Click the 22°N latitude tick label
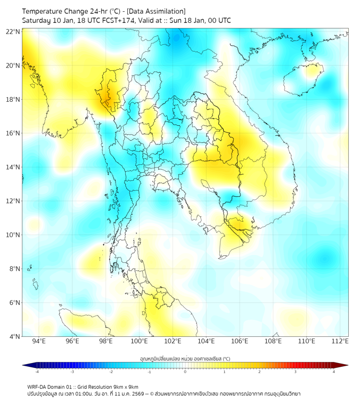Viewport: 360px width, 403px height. click(x=13, y=31)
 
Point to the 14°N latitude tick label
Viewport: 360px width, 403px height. click(x=13, y=167)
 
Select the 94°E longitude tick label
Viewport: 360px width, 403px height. click(x=39, y=341)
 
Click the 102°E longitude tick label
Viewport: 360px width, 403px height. click(x=173, y=341)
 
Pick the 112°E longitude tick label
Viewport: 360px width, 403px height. click(x=340, y=341)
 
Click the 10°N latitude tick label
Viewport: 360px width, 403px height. click(x=13, y=235)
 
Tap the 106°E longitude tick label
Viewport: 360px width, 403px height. click(x=240, y=341)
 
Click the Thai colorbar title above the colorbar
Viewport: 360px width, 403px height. click(x=184, y=358)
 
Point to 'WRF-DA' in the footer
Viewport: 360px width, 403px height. click(x=38, y=386)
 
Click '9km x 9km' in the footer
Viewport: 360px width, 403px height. click(x=126, y=386)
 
